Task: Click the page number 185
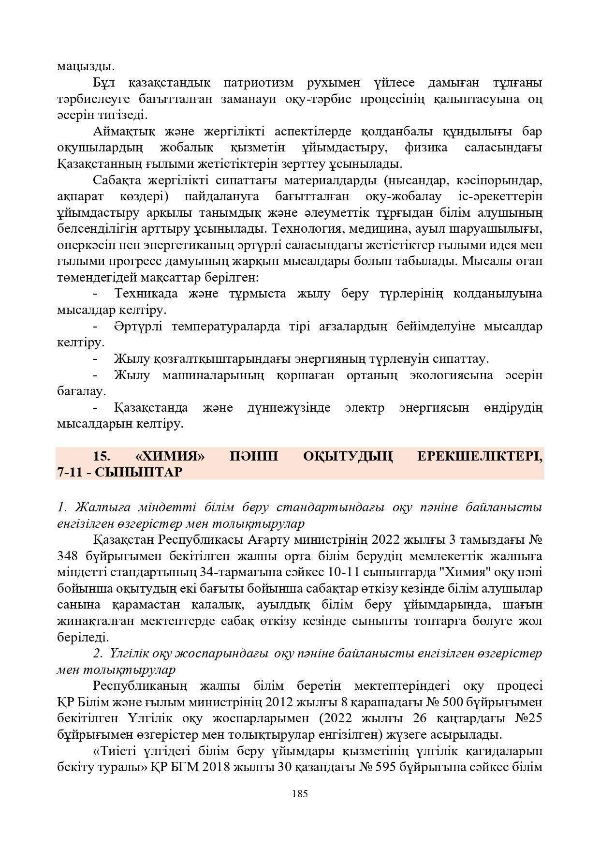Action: (300, 793)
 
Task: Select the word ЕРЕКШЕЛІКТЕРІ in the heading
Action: (479, 456)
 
